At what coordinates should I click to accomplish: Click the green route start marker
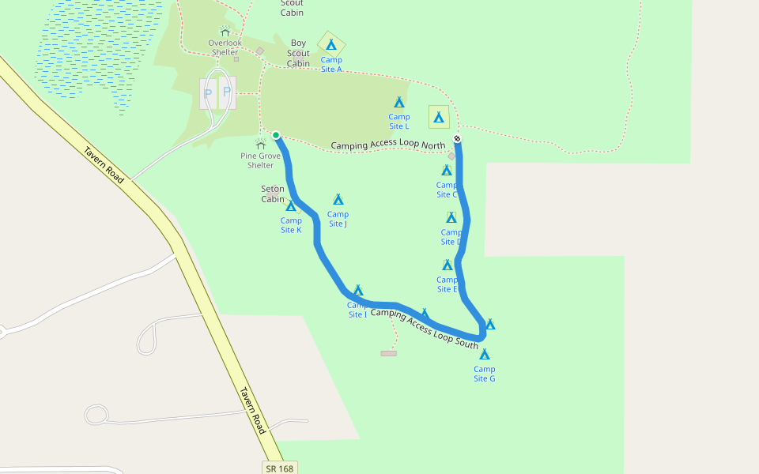pyautogui.click(x=276, y=135)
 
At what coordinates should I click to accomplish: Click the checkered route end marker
pyautogui.click(x=457, y=140)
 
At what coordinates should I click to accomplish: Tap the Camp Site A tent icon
pyautogui.click(x=331, y=44)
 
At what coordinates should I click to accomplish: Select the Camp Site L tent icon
pyautogui.click(x=399, y=102)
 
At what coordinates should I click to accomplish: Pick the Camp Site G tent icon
pyautogui.click(x=485, y=355)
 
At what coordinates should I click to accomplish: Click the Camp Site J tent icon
pyautogui.click(x=338, y=199)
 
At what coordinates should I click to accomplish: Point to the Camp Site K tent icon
pyautogui.click(x=291, y=205)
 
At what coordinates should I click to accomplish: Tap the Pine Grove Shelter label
pyautogui.click(x=261, y=160)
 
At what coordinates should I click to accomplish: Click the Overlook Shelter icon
pyautogui.click(x=225, y=31)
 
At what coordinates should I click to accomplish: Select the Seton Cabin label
pyautogui.click(x=273, y=194)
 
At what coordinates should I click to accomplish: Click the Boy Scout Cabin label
pyautogui.click(x=299, y=54)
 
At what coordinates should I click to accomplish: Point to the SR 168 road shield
pyautogui.click(x=280, y=468)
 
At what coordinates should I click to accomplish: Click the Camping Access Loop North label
pyautogui.click(x=388, y=145)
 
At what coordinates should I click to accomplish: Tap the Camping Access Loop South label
pyautogui.click(x=424, y=329)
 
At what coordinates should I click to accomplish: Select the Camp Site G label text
pyautogui.click(x=485, y=374)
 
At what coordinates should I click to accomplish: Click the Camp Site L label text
pyautogui.click(x=399, y=122)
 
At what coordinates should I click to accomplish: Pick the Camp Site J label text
pyautogui.click(x=338, y=219)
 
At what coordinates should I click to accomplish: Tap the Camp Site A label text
pyautogui.click(x=331, y=64)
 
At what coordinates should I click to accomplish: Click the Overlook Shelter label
pyautogui.click(x=225, y=47)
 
